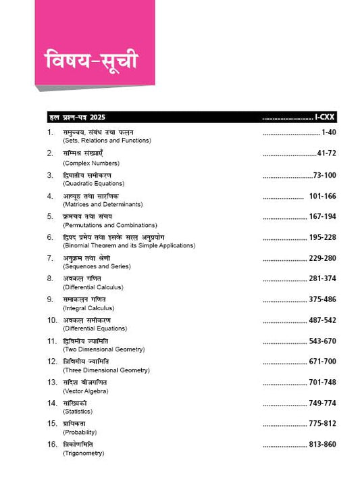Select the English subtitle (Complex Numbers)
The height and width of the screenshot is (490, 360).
coord(90,162)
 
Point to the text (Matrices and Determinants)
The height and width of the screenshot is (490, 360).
coord(102,203)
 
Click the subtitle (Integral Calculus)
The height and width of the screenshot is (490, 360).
coord(90,308)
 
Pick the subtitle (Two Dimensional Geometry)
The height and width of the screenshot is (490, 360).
coord(102,349)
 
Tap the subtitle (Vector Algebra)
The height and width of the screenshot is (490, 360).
coord(85,391)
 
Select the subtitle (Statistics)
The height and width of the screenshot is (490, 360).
coord(78,412)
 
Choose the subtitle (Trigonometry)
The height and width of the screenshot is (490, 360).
coord(84,453)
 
